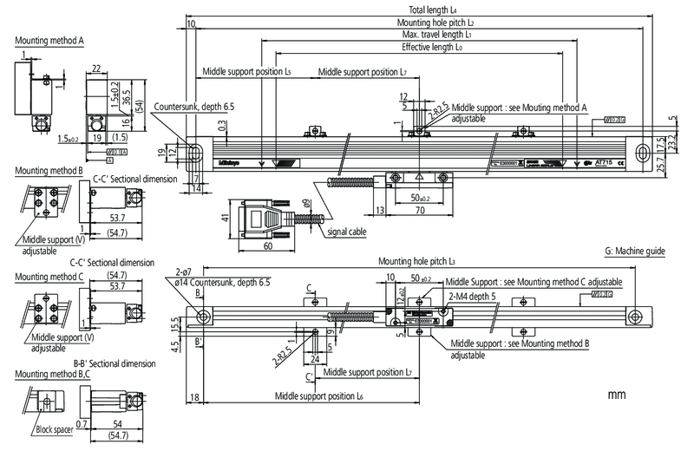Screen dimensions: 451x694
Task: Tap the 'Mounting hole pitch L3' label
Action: [416, 260]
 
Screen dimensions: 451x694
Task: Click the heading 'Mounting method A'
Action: [49, 40]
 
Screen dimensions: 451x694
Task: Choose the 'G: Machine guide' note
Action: [634, 251]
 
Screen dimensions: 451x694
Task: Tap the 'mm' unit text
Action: [617, 395]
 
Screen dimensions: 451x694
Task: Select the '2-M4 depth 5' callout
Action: [475, 296]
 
